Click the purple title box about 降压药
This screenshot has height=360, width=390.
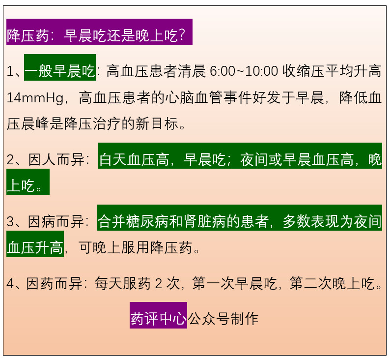pyautogui.click(x=99, y=32)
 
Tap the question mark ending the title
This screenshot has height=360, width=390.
pyautogui.click(x=182, y=35)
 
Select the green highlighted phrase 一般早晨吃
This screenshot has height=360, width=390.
pyautogui.click(x=60, y=67)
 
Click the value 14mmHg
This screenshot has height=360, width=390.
pyautogui.click(x=35, y=97)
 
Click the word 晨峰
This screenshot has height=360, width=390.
pyautogui.click(x=35, y=124)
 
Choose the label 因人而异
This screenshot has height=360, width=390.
pyautogui.click(x=56, y=159)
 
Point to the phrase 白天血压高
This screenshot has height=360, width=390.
pyautogui.click(x=134, y=159)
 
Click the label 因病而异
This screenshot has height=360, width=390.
pyautogui.click(x=56, y=221)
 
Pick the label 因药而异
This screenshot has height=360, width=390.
pyautogui.click(x=54, y=283)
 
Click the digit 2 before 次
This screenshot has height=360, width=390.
pyautogui.click(x=159, y=284)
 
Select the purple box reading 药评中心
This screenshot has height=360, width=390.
pyautogui.click(x=158, y=315)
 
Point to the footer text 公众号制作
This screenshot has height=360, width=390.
pyautogui.click(x=223, y=319)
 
